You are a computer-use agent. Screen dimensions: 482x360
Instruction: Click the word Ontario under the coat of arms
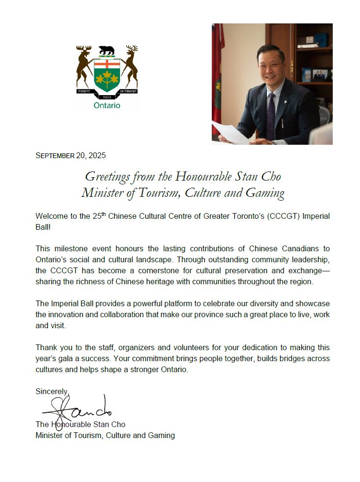coord(107,105)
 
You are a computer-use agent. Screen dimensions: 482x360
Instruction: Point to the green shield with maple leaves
coord(106,76)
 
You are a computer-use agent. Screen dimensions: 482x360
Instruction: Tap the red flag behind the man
coord(217,72)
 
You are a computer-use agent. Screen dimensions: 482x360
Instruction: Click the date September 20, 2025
coord(70,155)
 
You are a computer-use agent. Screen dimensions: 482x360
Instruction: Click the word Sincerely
coord(52,391)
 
